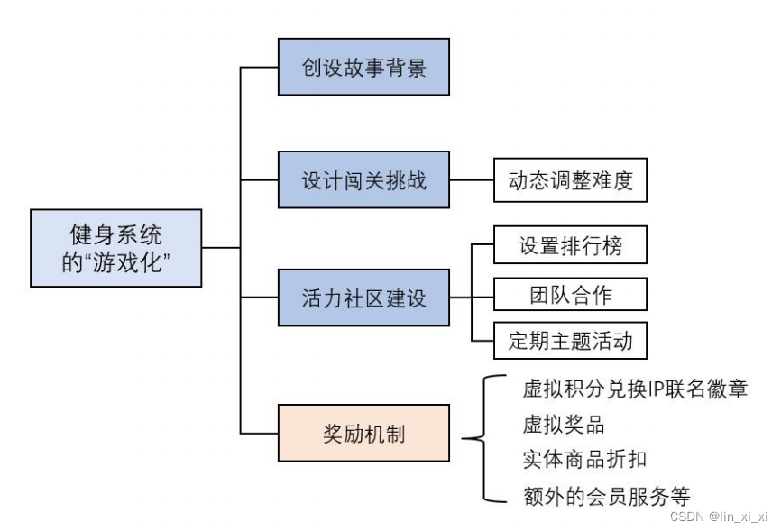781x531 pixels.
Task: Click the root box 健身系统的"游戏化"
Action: click(116, 248)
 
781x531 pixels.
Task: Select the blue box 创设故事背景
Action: click(363, 67)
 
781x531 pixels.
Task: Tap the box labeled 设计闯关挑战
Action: click(363, 180)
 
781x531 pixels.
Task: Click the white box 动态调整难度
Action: click(570, 180)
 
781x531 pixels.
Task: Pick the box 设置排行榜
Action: click(570, 244)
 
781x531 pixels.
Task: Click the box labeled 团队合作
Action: click(570, 294)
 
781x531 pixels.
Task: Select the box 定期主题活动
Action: click(570, 341)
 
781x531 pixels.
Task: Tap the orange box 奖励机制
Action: click(363, 434)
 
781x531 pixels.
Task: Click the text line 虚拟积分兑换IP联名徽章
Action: click(635, 390)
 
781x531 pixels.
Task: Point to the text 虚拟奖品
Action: click(564, 425)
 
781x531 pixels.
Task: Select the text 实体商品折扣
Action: click(584, 459)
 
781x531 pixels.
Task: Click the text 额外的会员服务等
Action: click(607, 494)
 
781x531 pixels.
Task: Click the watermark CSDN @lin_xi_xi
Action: click(719, 517)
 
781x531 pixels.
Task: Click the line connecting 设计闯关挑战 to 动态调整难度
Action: click(472, 180)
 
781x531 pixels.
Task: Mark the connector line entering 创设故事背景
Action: click(259, 67)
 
